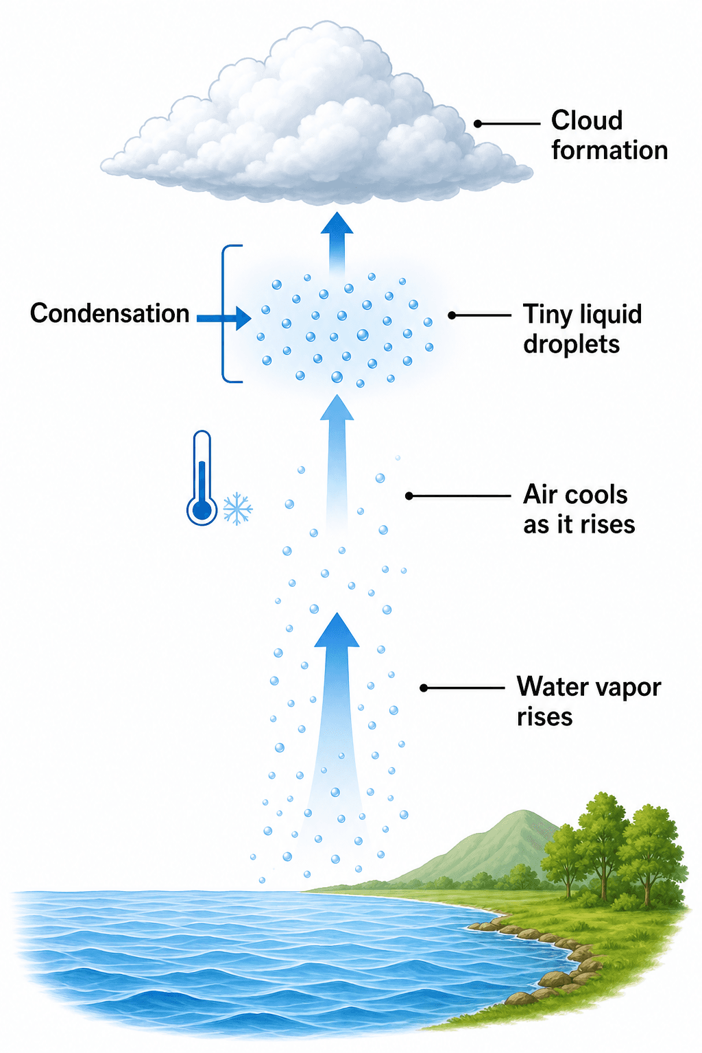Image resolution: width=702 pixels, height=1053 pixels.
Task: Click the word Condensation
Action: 110,313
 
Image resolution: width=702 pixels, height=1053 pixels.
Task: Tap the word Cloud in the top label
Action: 587,121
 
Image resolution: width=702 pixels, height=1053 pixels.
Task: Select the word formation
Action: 609,150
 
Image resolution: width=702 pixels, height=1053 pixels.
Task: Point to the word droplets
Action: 571,344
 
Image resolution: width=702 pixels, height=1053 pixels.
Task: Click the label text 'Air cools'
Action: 575,495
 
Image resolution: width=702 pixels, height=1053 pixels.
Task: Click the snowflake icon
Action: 237,509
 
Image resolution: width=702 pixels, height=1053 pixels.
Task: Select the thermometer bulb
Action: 202,511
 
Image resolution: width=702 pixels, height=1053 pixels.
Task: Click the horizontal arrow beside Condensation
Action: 223,319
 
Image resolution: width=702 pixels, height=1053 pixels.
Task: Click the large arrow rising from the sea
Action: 336,742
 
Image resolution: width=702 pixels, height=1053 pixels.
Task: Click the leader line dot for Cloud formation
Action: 478,123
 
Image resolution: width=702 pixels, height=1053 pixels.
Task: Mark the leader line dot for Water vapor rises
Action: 424,688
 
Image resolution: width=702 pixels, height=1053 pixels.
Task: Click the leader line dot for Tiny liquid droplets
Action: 452,315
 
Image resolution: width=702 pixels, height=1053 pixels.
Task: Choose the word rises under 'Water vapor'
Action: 544,717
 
